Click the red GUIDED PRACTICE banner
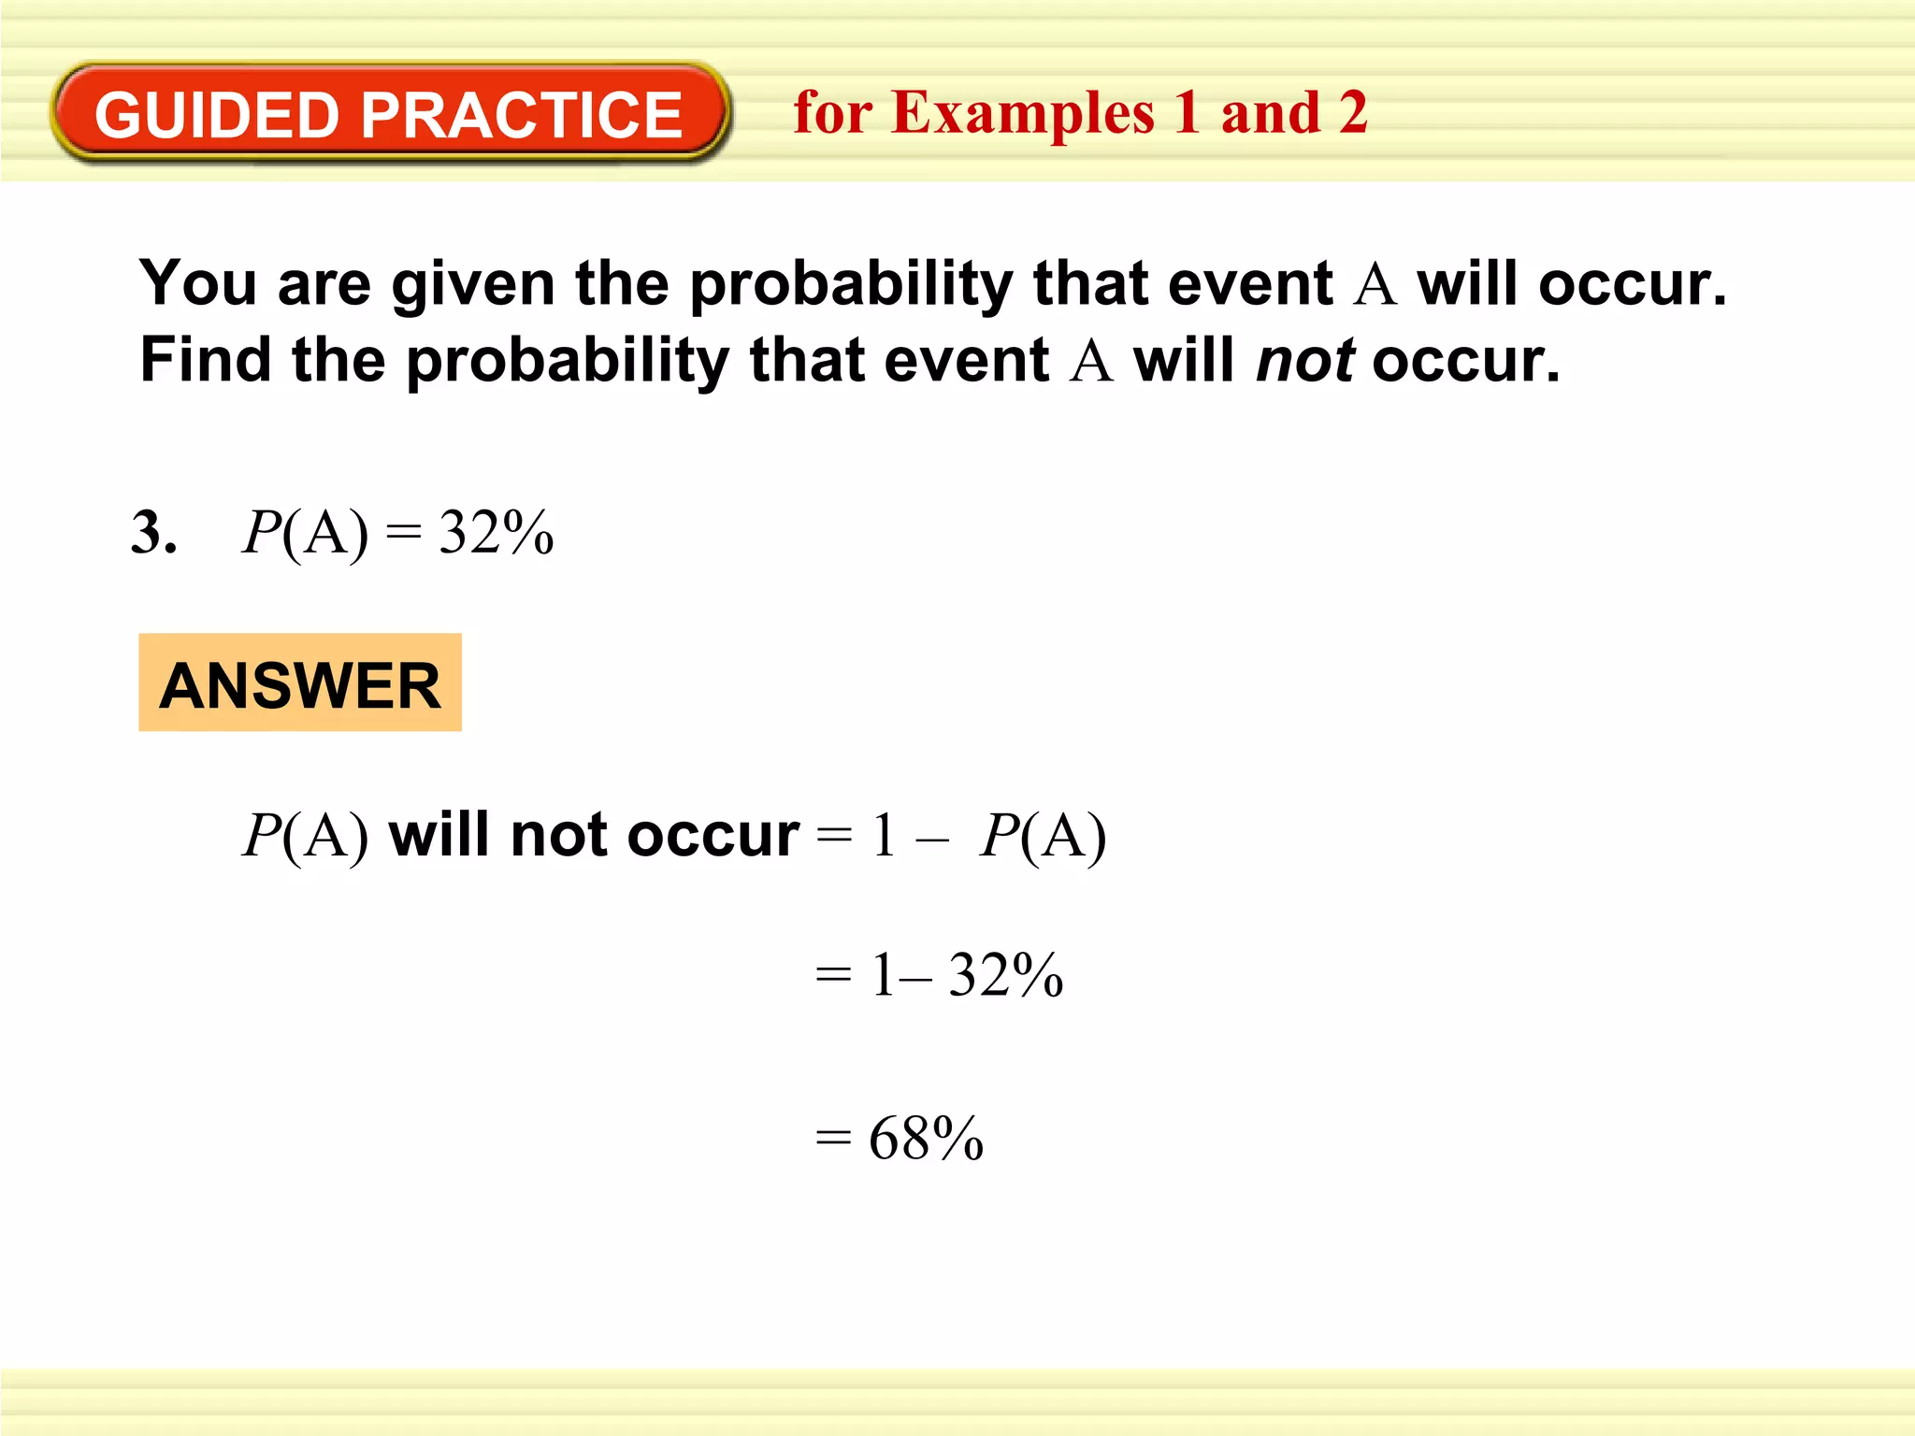click(389, 113)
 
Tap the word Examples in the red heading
click(1023, 114)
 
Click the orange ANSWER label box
click(300, 683)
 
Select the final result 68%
click(926, 1139)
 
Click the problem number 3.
click(152, 533)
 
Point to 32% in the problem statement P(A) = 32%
click(497, 533)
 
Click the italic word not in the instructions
click(1305, 361)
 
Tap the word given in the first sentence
click(472, 283)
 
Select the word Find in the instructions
click(205, 361)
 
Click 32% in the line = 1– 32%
click(1006, 975)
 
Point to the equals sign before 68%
click(833, 1139)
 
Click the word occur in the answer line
click(713, 835)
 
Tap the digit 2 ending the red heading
click(1352, 113)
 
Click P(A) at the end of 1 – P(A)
click(1044, 835)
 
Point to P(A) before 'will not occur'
click(305, 835)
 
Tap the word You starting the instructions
click(197, 283)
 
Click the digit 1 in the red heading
click(1187, 113)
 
